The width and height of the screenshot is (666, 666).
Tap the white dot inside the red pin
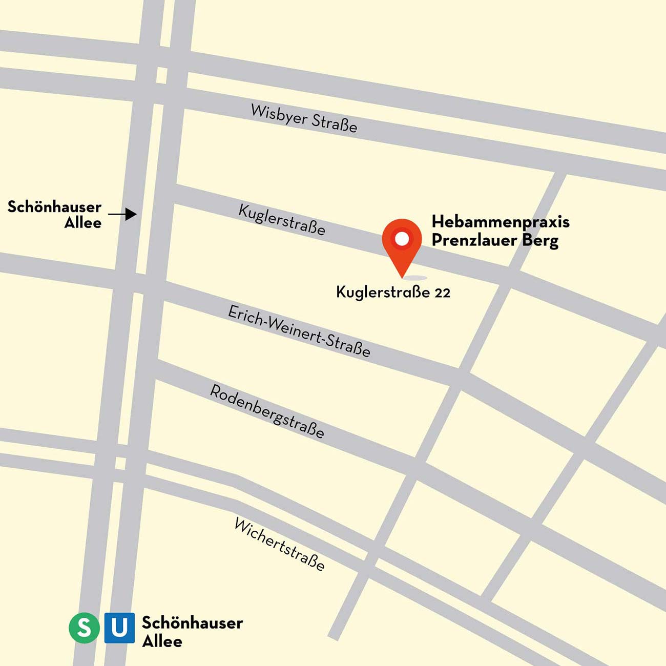(x=402, y=238)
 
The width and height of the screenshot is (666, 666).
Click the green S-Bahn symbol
(x=85, y=628)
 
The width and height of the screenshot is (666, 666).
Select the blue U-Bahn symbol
(x=119, y=628)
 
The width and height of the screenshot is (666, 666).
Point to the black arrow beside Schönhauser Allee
(x=123, y=214)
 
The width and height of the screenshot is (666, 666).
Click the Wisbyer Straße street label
(x=304, y=118)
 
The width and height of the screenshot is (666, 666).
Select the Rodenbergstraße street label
(x=267, y=411)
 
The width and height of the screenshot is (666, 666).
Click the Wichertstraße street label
(x=279, y=544)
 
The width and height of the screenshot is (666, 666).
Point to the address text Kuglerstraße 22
(x=393, y=293)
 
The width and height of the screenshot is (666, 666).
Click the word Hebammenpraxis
(x=501, y=222)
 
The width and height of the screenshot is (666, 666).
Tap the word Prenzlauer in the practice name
(x=474, y=240)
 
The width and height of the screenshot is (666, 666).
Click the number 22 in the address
(x=442, y=293)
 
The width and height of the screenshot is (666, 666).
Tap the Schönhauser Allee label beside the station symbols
(x=192, y=632)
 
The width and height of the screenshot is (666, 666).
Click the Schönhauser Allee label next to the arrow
(x=54, y=215)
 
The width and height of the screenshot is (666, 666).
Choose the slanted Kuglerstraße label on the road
(x=282, y=220)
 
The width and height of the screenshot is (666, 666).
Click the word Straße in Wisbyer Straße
(x=334, y=123)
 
